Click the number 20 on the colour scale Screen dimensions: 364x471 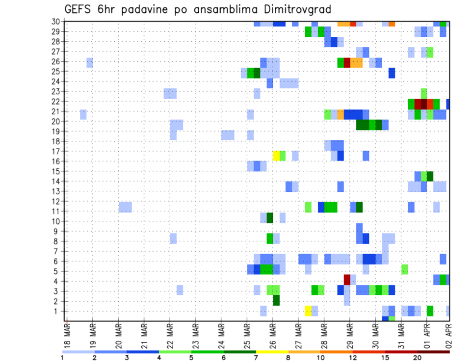pos(418,358)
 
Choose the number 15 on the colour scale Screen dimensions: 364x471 pos(385,358)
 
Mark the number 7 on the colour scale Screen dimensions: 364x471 pos(256,358)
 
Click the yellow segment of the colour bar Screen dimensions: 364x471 pos(272,352)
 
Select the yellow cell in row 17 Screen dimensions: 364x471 pos(276,156)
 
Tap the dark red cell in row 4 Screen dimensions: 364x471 pos(347,280)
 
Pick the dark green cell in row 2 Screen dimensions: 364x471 pos(276,300)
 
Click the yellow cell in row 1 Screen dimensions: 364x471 pos(308,311)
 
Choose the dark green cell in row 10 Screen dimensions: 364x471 pos(270,217)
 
